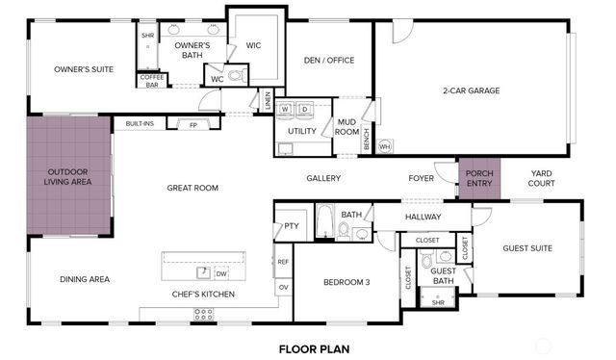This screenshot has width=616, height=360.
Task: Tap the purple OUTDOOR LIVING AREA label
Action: [x=69, y=176]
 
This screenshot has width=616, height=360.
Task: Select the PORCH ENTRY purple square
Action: [x=478, y=178]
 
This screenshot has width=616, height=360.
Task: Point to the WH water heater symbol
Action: [x=384, y=146]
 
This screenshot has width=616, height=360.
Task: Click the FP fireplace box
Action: [x=192, y=125]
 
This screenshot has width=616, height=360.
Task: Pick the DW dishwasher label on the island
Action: [x=220, y=272]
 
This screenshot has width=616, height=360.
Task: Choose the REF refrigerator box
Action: [x=283, y=261]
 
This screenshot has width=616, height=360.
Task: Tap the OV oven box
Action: [x=283, y=286]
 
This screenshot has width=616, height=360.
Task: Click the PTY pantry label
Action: [x=290, y=227]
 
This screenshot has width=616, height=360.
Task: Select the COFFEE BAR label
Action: [x=152, y=82]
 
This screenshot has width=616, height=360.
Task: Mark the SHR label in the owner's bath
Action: [x=147, y=36]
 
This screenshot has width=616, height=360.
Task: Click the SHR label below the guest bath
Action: [x=438, y=302]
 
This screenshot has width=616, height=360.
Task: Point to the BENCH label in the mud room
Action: [x=367, y=140]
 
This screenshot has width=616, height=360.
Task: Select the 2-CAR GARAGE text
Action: [x=471, y=90]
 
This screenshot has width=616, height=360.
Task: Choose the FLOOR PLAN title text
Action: [x=315, y=348]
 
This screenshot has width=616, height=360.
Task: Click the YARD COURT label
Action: [x=542, y=178]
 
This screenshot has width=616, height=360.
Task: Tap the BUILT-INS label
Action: [x=141, y=123]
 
